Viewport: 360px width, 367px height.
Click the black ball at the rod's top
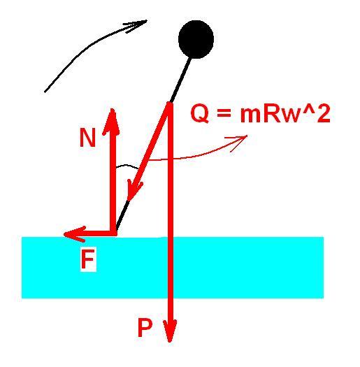click(196, 39)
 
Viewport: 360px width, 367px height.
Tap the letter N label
click(87, 138)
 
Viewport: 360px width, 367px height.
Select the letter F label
click(87, 259)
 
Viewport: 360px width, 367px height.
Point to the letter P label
click(145, 328)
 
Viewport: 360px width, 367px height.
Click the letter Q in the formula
click(200, 114)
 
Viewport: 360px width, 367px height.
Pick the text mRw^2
click(285, 113)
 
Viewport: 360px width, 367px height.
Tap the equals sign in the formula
click(224, 113)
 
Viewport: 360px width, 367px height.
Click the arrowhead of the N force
click(113, 121)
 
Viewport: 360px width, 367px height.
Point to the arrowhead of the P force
click(170, 331)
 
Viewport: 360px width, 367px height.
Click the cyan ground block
click(173, 268)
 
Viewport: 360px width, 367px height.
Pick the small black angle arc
click(127, 166)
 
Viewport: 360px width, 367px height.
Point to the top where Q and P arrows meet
click(169, 104)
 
